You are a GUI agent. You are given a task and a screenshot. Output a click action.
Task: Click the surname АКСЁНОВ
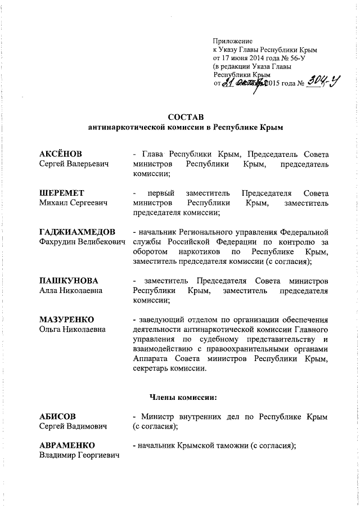(60, 154)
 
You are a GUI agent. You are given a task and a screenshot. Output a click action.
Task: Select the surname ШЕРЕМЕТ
(59, 193)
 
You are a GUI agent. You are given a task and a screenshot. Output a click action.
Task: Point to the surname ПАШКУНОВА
(69, 280)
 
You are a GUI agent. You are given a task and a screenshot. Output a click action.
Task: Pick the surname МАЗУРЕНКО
(66, 319)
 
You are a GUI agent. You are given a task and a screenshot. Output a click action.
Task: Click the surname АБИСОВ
(57, 416)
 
